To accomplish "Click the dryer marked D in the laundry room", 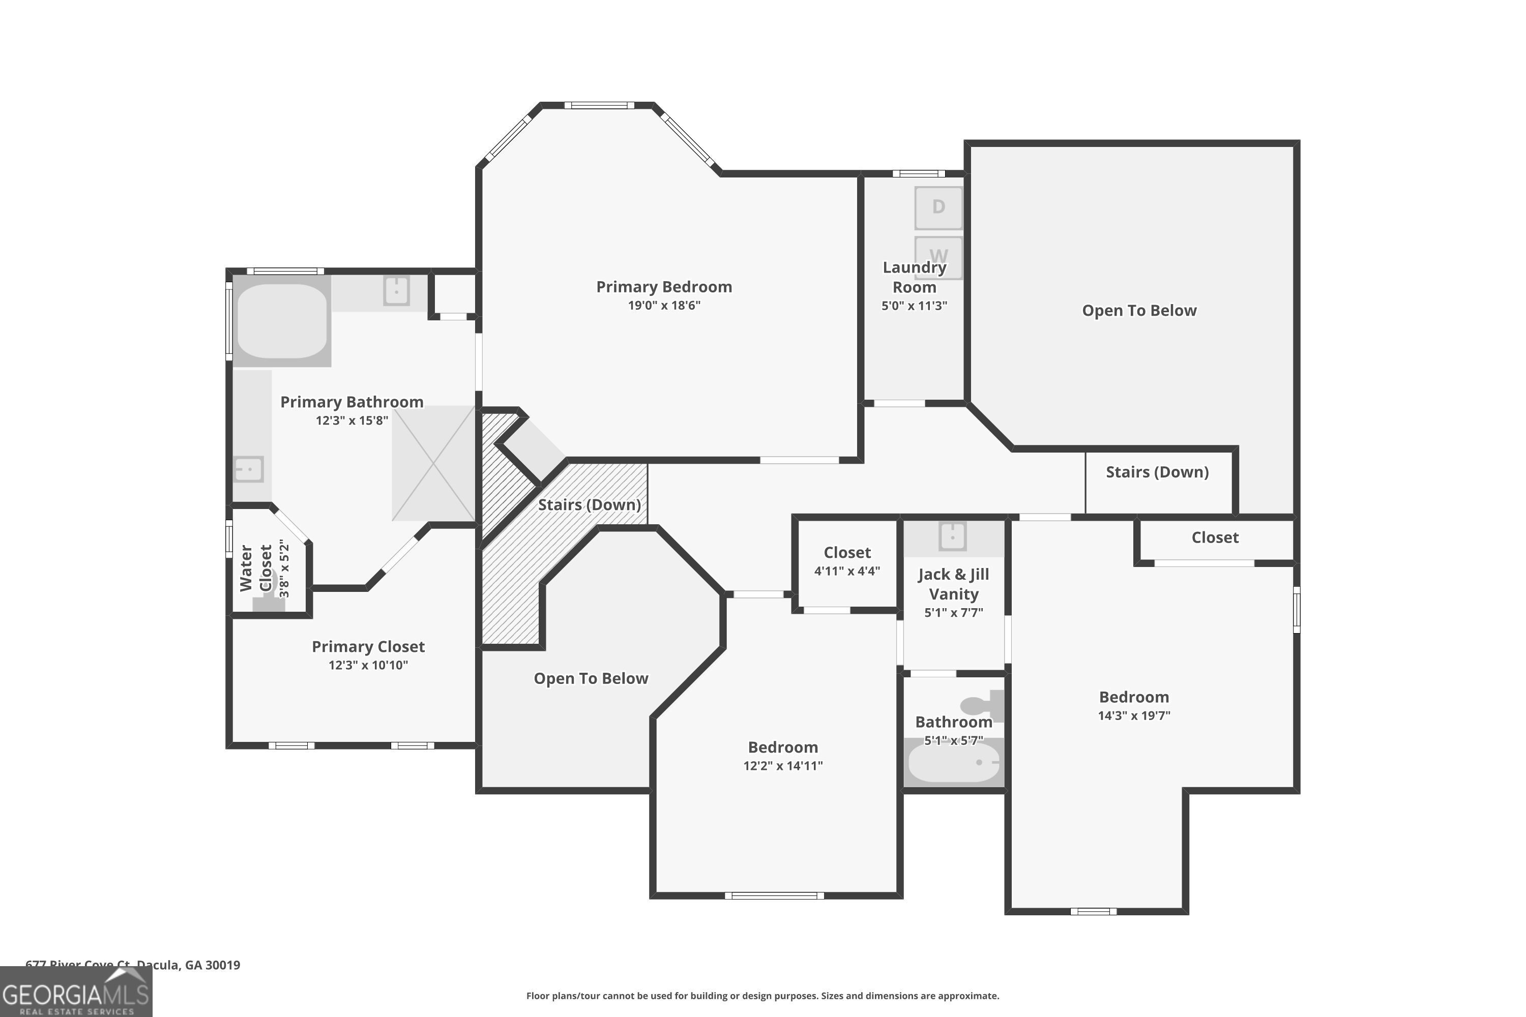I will [x=938, y=207].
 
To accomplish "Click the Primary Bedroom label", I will [x=664, y=287].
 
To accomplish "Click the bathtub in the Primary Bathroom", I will [x=282, y=320].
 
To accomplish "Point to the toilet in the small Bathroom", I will [x=981, y=705].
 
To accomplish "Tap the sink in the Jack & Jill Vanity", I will [x=952, y=536].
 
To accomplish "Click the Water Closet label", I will [x=256, y=568].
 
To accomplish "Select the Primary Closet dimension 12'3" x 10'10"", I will [x=368, y=665].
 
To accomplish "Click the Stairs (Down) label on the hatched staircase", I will [x=589, y=504].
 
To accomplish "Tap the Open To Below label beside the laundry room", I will [x=1139, y=311].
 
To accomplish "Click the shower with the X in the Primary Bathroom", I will [x=433, y=463].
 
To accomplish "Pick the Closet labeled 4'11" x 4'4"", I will [x=847, y=561].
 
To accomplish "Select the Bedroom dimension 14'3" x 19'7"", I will [x=1133, y=716].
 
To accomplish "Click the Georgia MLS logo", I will [x=75, y=993].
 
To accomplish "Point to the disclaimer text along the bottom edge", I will [x=762, y=996].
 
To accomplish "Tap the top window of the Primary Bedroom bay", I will [x=598, y=105].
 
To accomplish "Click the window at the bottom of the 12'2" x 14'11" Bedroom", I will [x=774, y=895].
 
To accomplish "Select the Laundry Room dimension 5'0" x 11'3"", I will [x=914, y=306].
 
